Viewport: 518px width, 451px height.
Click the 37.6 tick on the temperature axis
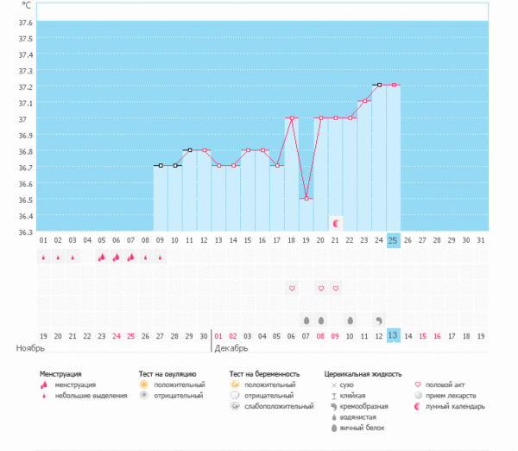pyautogui.click(x=25, y=22)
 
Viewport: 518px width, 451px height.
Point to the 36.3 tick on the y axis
pyautogui.click(x=25, y=232)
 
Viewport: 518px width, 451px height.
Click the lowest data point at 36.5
pyautogui.click(x=306, y=199)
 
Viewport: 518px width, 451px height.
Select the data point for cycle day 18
pyautogui.click(x=291, y=118)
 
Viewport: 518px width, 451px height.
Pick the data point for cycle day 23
pyautogui.click(x=364, y=101)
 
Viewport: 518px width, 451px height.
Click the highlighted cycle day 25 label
pyautogui.click(x=393, y=239)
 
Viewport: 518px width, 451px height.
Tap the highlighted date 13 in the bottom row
pyautogui.click(x=393, y=335)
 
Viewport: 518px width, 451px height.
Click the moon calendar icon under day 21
pyautogui.click(x=336, y=223)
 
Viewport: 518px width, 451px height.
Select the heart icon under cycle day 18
pyautogui.click(x=291, y=288)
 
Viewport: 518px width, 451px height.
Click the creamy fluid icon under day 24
pyautogui.click(x=379, y=320)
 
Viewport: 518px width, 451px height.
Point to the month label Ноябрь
pyautogui.click(x=30, y=348)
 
